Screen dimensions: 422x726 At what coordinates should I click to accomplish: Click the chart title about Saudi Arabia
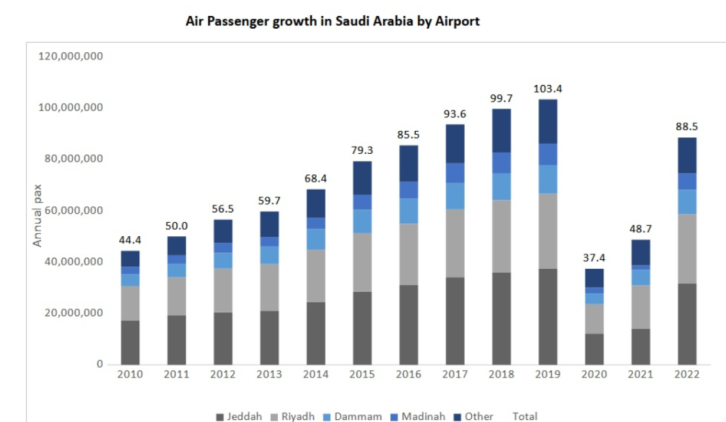tap(332, 21)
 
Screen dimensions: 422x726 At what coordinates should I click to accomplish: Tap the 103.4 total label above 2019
tap(548, 89)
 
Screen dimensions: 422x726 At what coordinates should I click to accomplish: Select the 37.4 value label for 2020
tap(594, 258)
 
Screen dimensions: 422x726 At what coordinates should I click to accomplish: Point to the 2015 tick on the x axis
tap(363, 375)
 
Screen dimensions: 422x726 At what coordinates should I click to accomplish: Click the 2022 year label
tap(687, 375)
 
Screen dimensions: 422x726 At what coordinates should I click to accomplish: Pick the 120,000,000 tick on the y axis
tap(71, 56)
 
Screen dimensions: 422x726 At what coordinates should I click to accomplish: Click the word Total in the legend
tap(525, 416)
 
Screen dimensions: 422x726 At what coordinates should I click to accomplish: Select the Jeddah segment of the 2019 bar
tap(548, 316)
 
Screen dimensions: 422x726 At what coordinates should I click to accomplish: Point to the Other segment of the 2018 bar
tap(501, 130)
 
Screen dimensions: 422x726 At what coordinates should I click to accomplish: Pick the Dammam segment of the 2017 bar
tap(455, 195)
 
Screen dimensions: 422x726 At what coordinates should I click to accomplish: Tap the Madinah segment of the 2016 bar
tap(408, 190)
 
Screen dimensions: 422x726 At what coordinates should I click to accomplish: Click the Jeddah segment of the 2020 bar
tap(594, 349)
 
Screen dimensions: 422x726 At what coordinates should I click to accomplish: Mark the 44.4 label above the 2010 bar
tap(130, 240)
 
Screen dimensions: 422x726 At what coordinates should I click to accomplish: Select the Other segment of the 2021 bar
tap(641, 252)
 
